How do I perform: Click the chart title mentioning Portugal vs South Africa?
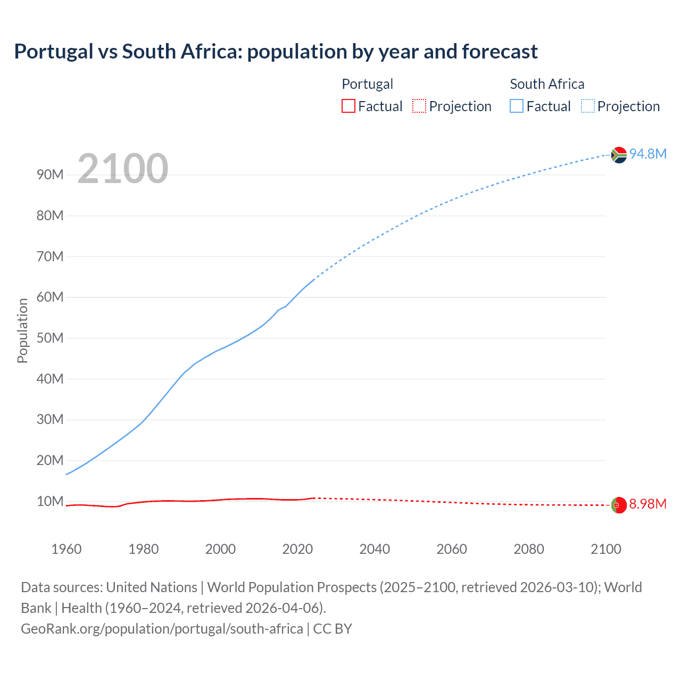276,52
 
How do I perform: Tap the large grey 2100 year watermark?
122,169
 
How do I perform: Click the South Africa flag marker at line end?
619,155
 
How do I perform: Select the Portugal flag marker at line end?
619,504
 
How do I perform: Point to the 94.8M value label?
647,154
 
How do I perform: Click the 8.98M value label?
647,504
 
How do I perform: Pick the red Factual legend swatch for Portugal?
348,106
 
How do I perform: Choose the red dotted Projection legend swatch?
419,106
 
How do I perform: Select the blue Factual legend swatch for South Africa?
516,106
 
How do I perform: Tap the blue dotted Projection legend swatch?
587,106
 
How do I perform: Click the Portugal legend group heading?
367,84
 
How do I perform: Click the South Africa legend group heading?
547,84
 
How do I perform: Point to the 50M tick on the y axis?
50,338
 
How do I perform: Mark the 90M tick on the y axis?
50,175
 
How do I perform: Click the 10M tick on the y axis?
50,501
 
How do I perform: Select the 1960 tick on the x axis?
67,549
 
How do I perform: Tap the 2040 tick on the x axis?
375,549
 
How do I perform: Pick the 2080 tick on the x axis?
529,549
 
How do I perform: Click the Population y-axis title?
22,330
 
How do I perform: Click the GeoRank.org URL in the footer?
162,629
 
